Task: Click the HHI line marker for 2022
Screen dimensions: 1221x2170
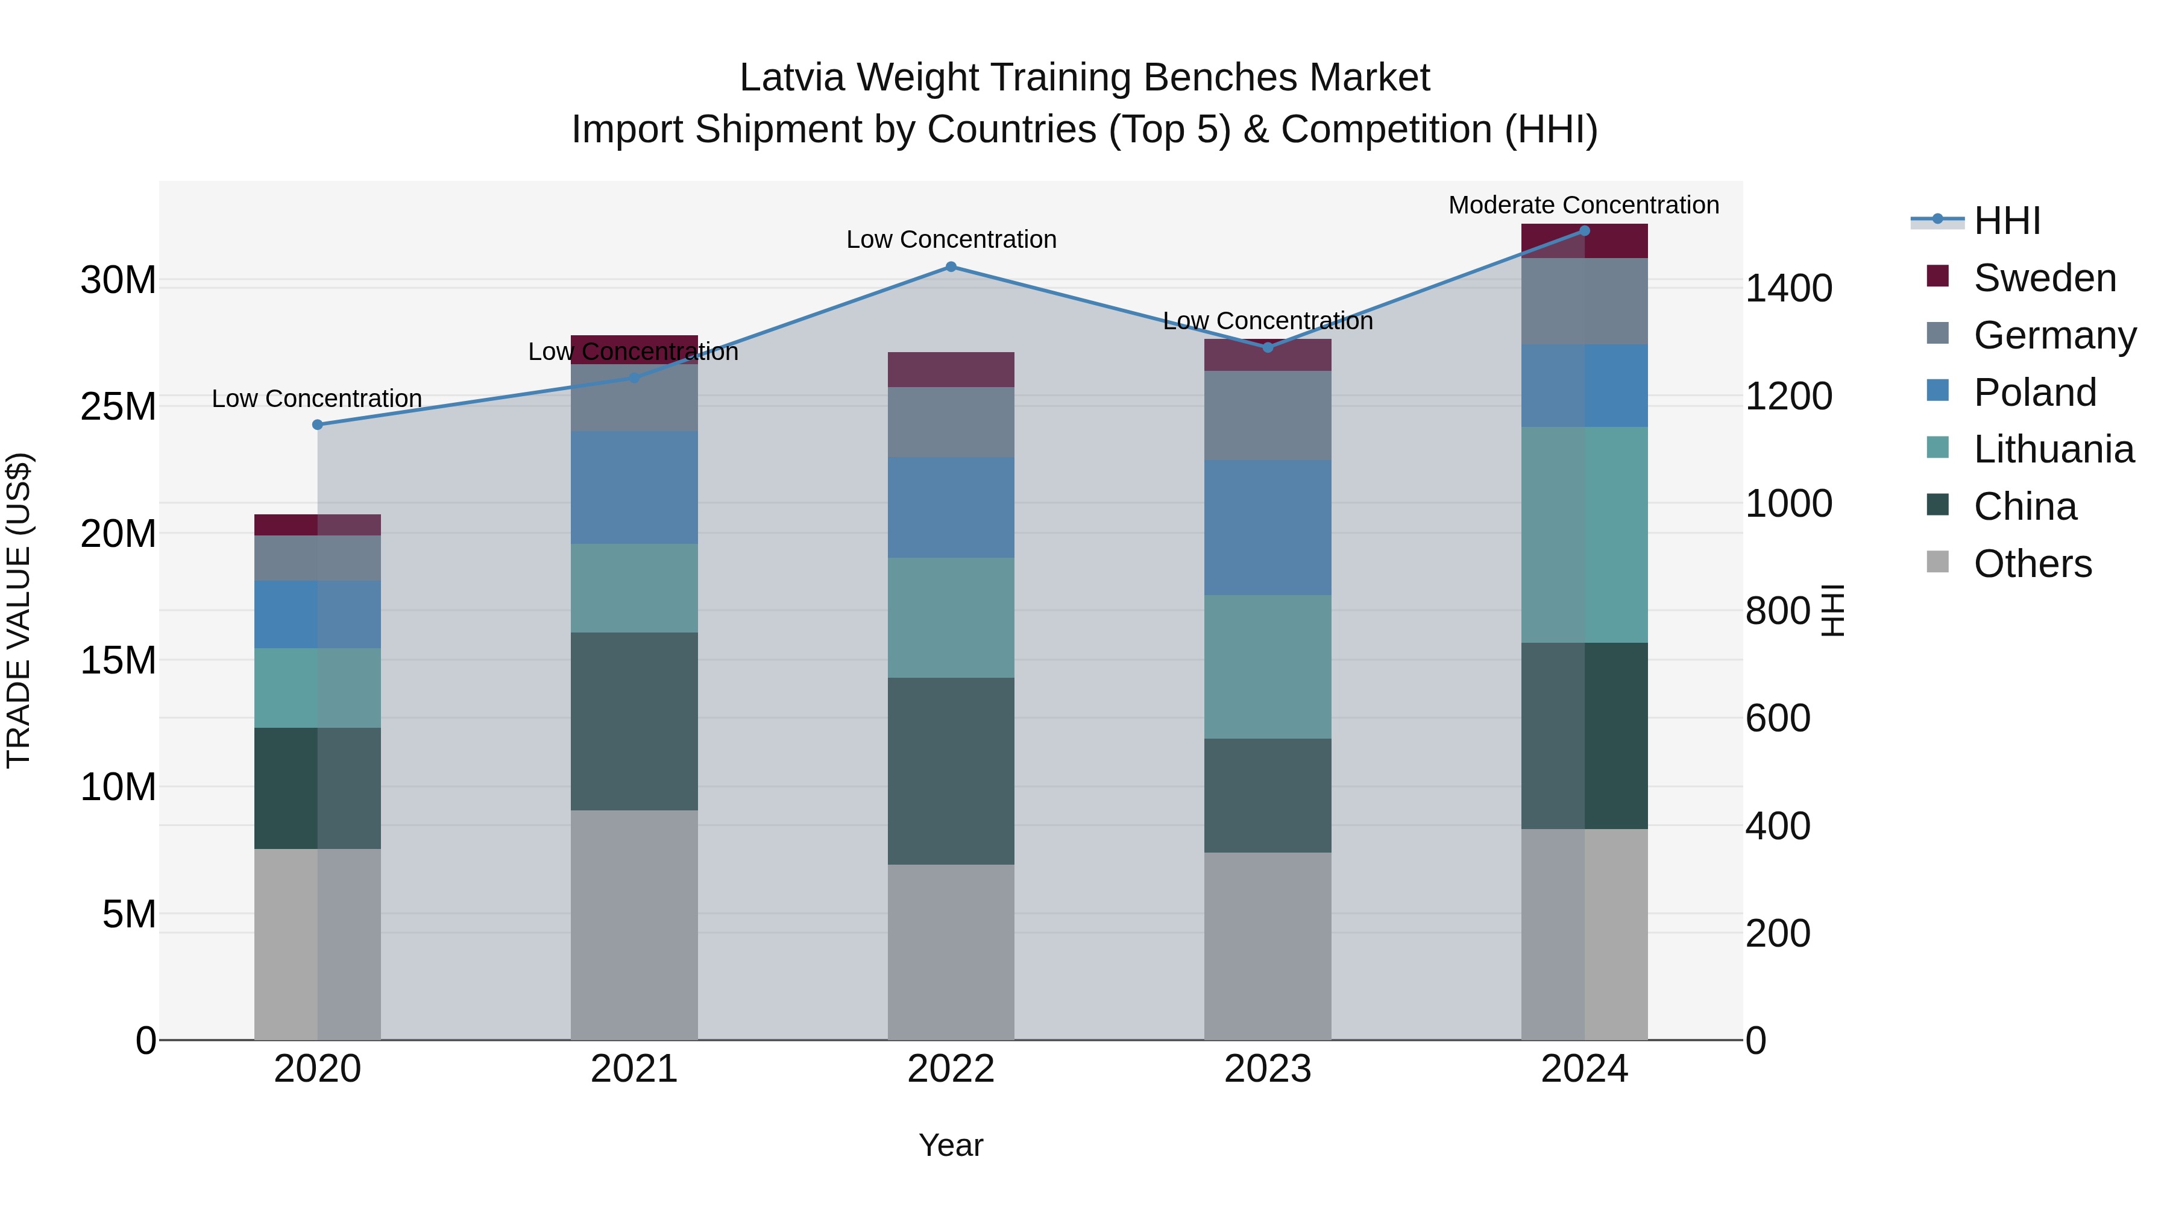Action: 951,267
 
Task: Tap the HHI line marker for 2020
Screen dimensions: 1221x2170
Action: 318,424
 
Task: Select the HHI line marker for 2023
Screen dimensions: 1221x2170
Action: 1268,347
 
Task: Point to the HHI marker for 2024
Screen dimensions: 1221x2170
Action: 1585,231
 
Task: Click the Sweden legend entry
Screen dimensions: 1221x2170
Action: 2043,278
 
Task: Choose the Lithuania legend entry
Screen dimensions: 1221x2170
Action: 2053,449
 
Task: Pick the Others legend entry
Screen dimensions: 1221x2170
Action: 2032,564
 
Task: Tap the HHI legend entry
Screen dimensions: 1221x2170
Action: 2007,221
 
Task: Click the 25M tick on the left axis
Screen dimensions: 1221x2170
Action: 118,407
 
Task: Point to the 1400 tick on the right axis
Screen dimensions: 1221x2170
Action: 1788,288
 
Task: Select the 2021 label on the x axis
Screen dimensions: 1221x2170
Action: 634,1069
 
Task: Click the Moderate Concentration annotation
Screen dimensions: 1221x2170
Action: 1583,205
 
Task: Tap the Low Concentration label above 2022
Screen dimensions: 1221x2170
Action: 951,239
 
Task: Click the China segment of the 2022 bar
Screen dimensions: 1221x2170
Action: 951,771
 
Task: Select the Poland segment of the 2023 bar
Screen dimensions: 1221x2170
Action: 1268,528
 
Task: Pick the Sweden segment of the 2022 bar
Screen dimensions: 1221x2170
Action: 951,370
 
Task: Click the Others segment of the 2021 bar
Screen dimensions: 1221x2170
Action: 634,924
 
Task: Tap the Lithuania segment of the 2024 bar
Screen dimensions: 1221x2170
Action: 1585,534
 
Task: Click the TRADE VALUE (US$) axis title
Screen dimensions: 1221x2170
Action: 19,610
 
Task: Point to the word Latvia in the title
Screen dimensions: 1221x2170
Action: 792,78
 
